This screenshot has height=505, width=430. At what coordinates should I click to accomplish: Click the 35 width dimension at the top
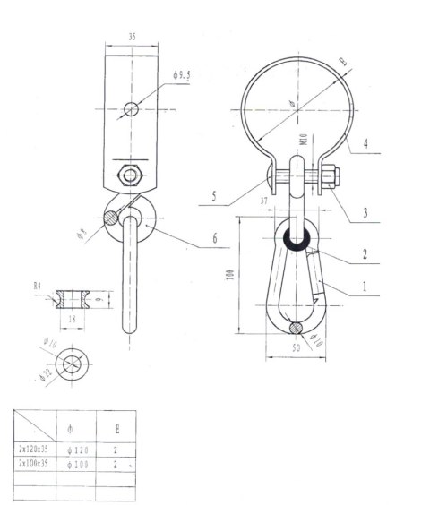[132, 37]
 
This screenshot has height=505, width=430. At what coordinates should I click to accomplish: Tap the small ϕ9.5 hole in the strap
[132, 109]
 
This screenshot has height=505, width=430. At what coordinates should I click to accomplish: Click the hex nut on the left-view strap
[132, 174]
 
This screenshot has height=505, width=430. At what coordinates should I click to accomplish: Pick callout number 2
[365, 254]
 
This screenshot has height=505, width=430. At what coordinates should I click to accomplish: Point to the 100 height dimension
[232, 275]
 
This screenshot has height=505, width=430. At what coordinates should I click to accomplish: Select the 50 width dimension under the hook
[296, 347]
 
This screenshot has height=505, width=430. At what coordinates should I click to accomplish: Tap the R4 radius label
[38, 287]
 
